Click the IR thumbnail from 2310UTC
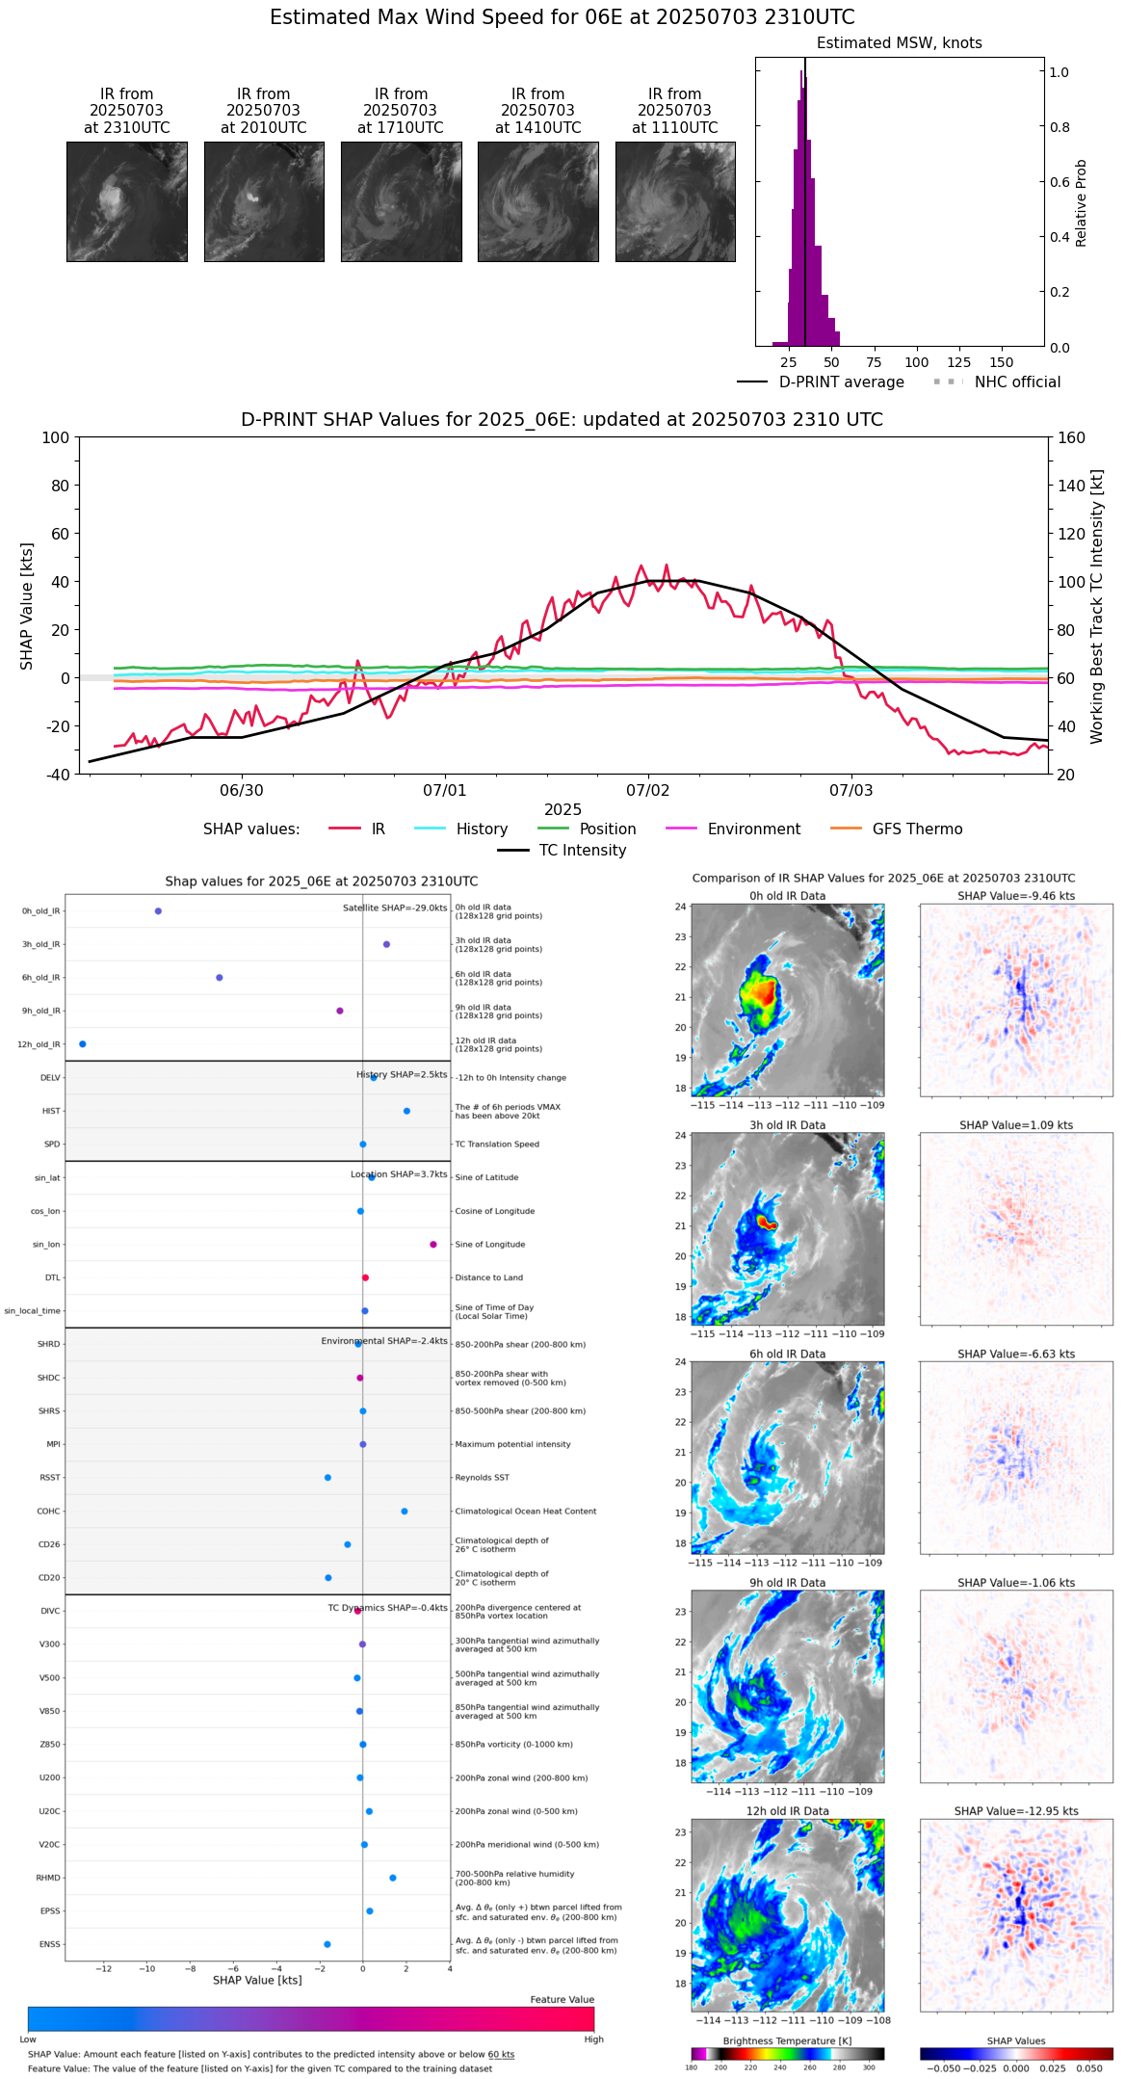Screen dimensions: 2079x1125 [x=126, y=201]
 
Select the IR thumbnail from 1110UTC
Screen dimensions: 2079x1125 [x=675, y=201]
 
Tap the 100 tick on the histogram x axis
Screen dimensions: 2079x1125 [x=916, y=362]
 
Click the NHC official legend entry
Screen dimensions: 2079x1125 [x=1016, y=382]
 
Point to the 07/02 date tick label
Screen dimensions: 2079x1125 [x=647, y=791]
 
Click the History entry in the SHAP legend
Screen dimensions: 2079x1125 [x=482, y=829]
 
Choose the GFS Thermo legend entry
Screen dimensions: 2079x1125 [x=917, y=829]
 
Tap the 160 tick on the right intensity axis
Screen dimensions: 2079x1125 [x=1071, y=438]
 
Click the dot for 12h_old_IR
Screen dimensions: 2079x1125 [x=83, y=1044]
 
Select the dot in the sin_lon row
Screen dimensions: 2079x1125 [x=433, y=1245]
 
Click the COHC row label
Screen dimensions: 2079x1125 [x=48, y=1512]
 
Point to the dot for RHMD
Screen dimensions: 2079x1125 [x=393, y=1878]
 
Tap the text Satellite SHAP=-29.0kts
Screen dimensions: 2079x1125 [x=395, y=908]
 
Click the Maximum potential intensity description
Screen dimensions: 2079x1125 [x=512, y=1445]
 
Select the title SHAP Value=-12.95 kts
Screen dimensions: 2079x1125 [x=1016, y=1811]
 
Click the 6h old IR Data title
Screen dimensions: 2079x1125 [x=787, y=1355]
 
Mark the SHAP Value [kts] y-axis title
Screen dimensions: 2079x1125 [x=27, y=606]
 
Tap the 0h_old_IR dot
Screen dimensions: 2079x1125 [x=158, y=911]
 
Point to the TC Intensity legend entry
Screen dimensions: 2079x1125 [x=582, y=851]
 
